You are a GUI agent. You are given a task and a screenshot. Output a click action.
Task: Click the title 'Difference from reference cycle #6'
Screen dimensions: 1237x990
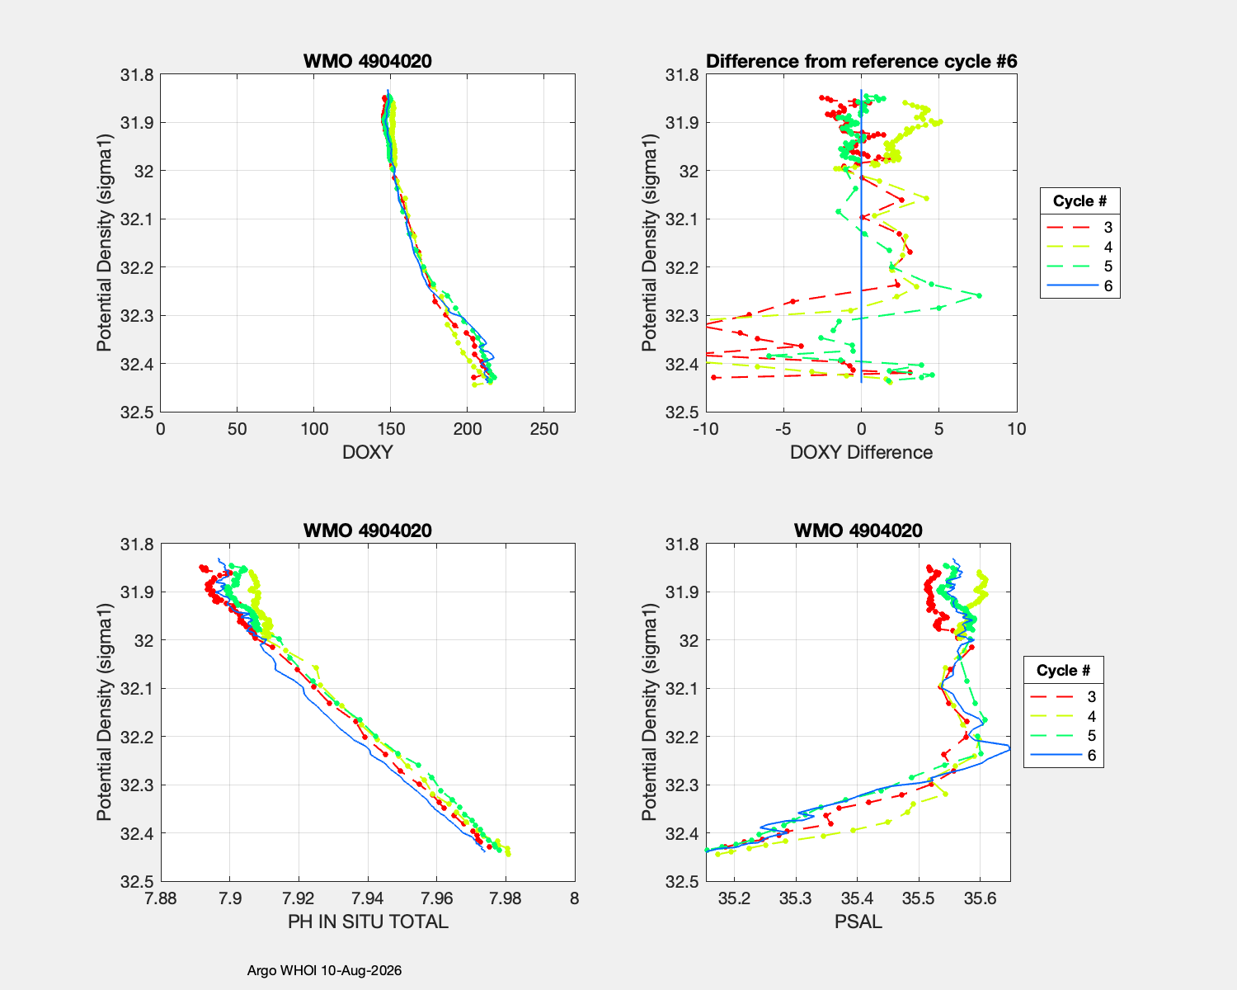coord(861,61)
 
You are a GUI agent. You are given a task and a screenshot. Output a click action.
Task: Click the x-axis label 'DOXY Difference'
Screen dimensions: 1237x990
coord(861,452)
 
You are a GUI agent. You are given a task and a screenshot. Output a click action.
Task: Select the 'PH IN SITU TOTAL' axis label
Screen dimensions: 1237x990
coord(368,922)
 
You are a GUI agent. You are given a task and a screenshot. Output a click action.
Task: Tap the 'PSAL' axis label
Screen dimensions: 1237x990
coord(858,922)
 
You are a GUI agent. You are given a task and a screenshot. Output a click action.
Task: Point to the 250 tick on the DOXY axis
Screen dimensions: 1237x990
coord(544,429)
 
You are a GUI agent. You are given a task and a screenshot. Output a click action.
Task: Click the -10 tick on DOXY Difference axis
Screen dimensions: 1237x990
coord(706,429)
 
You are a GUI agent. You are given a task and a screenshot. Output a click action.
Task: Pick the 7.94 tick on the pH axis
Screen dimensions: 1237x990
coord(368,898)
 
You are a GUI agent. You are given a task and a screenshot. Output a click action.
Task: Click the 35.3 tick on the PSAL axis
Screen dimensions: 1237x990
coord(796,898)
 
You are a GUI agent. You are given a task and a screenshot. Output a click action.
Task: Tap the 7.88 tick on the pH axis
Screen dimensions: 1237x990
coord(161,898)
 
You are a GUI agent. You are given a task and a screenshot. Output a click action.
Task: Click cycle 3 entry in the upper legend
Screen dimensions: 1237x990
coord(1079,227)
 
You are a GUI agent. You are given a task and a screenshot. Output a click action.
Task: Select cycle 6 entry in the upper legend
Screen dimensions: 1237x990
coord(1079,286)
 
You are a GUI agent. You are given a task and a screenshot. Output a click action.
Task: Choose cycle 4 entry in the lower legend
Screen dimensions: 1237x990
coord(1063,716)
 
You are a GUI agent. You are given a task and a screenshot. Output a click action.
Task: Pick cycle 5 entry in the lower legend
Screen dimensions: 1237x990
coord(1063,736)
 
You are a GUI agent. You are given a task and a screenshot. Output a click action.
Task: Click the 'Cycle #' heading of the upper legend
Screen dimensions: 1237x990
coord(1079,201)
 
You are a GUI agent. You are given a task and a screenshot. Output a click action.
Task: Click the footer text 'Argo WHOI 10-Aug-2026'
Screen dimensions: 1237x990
coord(324,970)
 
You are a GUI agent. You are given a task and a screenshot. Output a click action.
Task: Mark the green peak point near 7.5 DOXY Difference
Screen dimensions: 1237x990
coord(980,295)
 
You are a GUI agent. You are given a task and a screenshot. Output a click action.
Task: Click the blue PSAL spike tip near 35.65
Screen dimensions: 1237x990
coord(1009,747)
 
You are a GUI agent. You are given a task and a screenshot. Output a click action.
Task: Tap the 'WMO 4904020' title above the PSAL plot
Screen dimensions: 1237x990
coord(858,530)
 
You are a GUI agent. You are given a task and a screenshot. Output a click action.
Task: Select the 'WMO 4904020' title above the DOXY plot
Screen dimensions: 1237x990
coord(368,61)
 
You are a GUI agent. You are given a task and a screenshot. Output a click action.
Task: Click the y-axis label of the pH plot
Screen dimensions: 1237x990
coord(104,712)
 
